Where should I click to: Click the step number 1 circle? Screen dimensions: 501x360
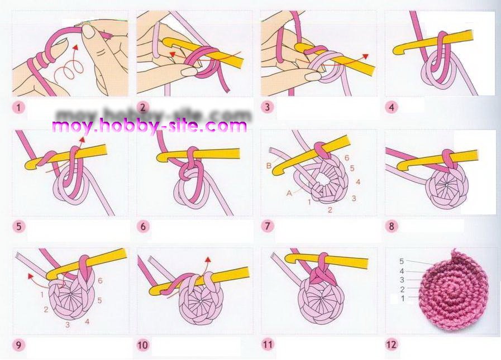(18, 107)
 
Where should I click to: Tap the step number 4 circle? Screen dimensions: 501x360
(392, 107)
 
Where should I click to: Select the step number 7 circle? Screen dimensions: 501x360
(268, 226)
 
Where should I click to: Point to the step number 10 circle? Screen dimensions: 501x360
(143, 345)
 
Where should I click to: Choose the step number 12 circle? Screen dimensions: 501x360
(392, 344)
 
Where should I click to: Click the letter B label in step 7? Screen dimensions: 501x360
(269, 166)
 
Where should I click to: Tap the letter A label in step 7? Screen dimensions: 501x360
(289, 193)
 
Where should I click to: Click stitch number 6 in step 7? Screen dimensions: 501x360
(347, 158)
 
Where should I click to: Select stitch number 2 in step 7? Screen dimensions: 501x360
(330, 209)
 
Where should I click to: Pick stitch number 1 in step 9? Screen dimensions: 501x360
(42, 295)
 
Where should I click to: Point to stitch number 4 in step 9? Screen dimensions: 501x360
(87, 321)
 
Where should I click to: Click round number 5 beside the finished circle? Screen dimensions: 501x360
(402, 261)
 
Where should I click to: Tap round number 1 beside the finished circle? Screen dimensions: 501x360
(403, 299)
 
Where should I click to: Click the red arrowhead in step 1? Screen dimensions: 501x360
(75, 47)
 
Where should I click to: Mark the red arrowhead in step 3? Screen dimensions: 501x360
(365, 56)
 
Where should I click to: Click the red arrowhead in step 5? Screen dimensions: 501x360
(82, 140)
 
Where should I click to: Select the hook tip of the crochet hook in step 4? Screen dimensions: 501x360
(397, 50)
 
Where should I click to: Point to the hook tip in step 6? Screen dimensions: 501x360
(161, 156)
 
